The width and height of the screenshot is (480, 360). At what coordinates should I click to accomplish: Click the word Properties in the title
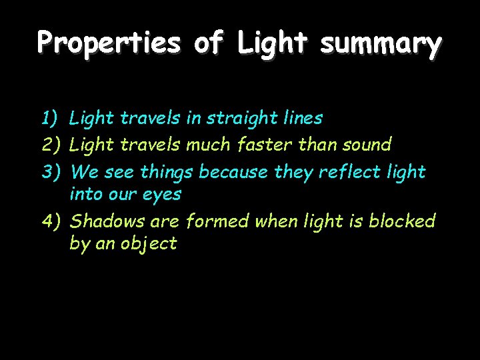click(109, 43)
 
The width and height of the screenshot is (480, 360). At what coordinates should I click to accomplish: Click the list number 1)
click(51, 119)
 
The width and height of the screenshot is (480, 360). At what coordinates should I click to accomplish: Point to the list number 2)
click(51, 144)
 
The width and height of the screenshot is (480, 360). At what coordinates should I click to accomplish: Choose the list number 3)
click(51, 172)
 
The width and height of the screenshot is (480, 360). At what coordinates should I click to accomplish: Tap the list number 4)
click(51, 221)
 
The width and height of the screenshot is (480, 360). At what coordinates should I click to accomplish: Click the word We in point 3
click(84, 172)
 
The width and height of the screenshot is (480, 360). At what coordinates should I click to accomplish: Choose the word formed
click(217, 221)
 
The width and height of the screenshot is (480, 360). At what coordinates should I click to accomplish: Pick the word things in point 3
click(167, 172)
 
